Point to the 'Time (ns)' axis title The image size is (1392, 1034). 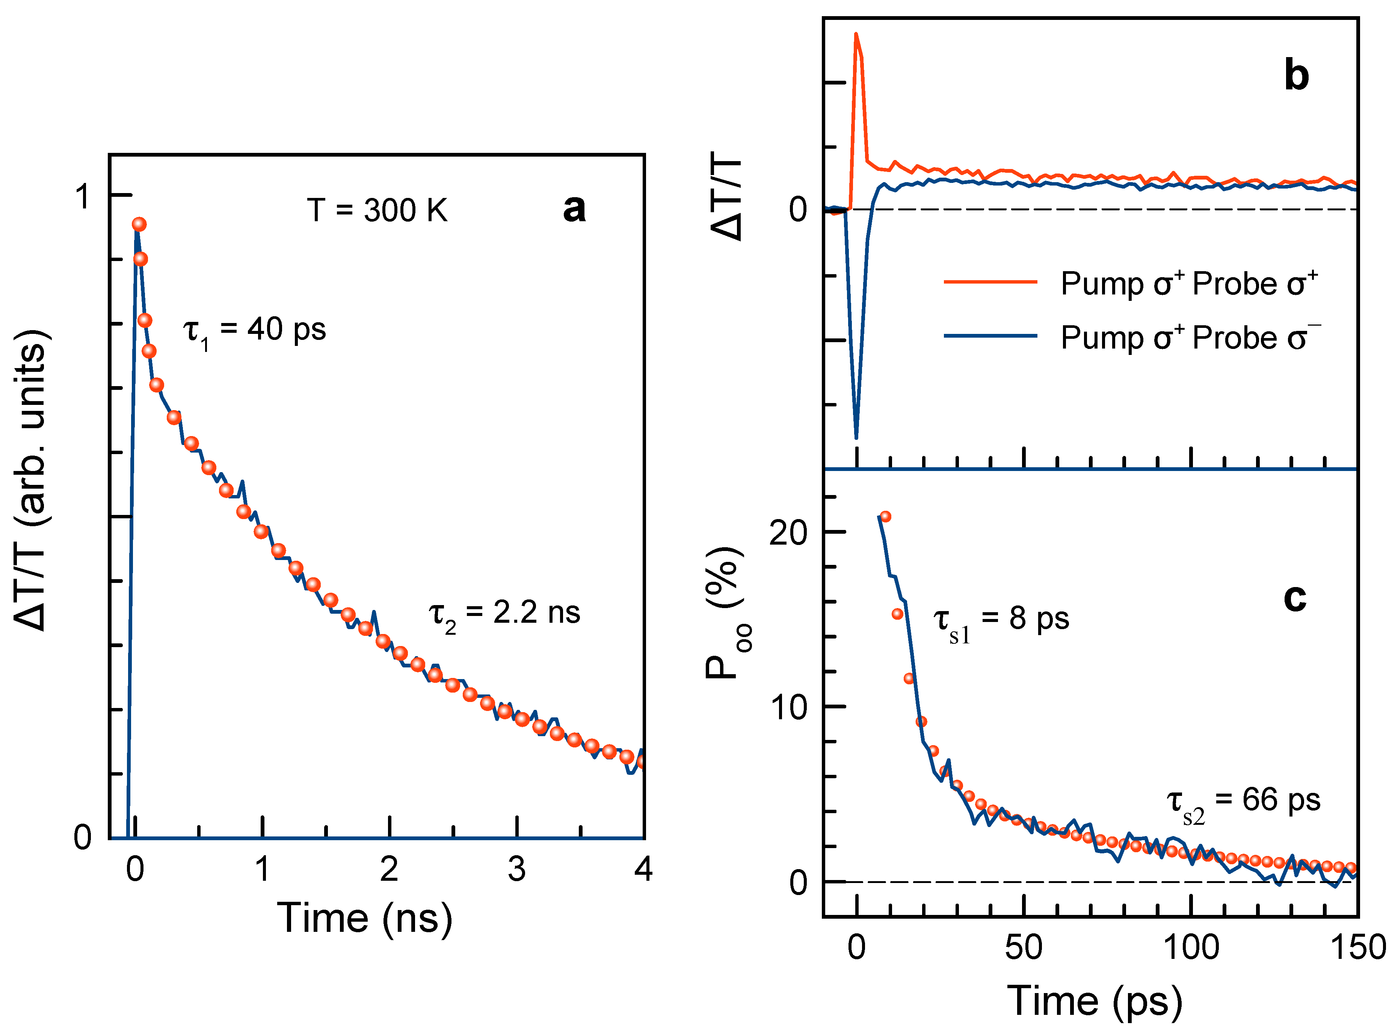click(x=364, y=919)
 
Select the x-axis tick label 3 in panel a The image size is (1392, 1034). click(x=516, y=869)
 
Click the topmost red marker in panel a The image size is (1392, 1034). click(x=139, y=224)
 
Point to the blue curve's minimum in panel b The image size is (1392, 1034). click(x=856, y=437)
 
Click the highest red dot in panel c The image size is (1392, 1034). click(x=885, y=516)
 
